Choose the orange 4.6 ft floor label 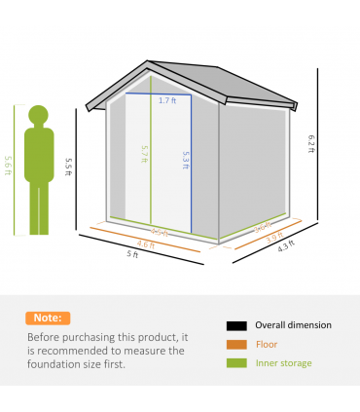coord(145,243)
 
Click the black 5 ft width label coord(132,255)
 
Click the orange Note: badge coord(48,318)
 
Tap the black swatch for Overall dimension coord(234,325)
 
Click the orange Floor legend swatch coord(234,344)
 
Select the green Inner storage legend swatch coord(234,363)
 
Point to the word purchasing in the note coord(90,338)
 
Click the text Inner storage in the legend coord(284,363)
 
